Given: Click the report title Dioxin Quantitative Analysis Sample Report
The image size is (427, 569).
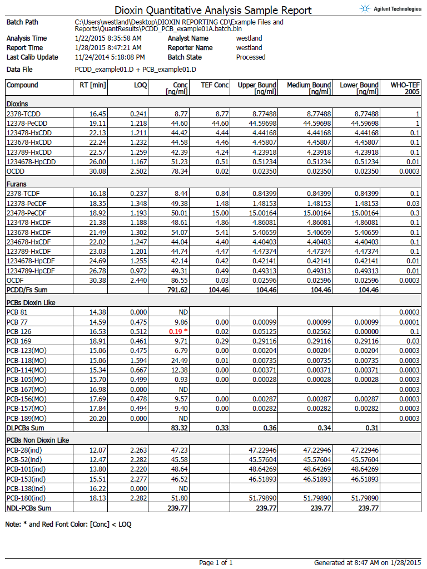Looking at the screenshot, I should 213,10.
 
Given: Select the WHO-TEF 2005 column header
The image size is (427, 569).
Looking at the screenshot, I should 405,88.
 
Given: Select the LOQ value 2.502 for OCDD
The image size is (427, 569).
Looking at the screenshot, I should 137,171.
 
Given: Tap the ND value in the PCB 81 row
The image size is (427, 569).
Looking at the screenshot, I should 182,311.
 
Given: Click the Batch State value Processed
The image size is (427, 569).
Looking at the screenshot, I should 250,57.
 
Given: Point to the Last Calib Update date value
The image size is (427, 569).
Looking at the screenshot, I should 110,57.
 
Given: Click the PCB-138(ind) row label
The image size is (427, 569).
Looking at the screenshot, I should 26,488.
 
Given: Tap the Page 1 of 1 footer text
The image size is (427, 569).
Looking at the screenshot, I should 216,563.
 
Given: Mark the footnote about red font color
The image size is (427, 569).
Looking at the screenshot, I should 68,524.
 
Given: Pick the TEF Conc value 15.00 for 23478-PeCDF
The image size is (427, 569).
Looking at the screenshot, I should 219,213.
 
